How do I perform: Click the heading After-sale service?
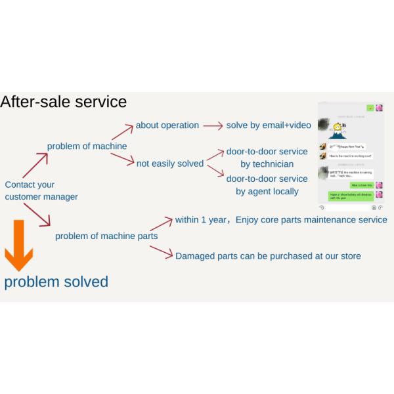tap(64, 102)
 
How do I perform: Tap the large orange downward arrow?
tap(18, 245)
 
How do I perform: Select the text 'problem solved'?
tap(56, 282)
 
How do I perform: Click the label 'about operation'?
tap(167, 125)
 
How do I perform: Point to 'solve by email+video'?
tap(269, 125)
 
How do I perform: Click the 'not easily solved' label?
tap(170, 164)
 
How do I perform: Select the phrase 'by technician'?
tap(267, 164)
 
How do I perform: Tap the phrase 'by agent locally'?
tap(267, 192)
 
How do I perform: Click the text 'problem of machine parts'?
tap(106, 236)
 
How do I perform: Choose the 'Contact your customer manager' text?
tap(41, 190)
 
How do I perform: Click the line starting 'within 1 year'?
tap(281, 219)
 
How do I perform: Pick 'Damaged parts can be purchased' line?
tap(268, 255)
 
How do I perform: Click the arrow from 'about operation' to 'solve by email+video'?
tap(213, 125)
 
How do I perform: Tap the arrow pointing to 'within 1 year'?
tap(161, 223)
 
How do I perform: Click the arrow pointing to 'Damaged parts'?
tap(161, 250)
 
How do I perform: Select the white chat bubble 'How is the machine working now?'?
tap(350, 156)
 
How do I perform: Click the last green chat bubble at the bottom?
tap(351, 196)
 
